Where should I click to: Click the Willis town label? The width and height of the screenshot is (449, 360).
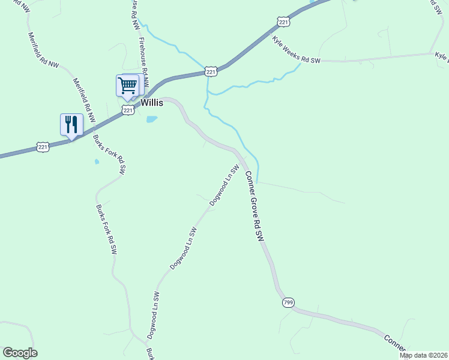click(x=152, y=103)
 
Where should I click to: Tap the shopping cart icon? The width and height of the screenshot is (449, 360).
click(x=127, y=85)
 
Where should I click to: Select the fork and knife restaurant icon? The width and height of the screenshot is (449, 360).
click(x=71, y=124)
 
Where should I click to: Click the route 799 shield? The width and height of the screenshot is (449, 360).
click(x=288, y=303)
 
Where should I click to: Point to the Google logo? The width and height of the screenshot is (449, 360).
click(x=20, y=353)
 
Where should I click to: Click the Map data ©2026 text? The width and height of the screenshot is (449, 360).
click(x=423, y=355)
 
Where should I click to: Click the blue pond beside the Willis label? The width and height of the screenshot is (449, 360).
click(x=152, y=119)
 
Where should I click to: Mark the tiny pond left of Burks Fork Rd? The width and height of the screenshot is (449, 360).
click(x=97, y=161)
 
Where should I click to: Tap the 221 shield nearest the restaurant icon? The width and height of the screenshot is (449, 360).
click(x=42, y=146)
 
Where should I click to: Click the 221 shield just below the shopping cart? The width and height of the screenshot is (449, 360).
click(x=127, y=110)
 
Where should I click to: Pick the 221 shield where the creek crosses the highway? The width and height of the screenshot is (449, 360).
click(x=211, y=71)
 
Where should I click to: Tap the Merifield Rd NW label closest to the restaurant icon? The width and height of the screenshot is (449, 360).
click(x=83, y=100)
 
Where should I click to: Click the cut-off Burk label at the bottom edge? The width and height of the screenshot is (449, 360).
click(x=150, y=353)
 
